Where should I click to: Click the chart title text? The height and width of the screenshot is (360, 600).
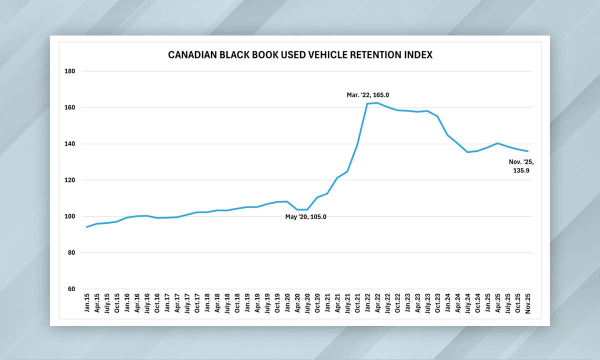tap(300, 55)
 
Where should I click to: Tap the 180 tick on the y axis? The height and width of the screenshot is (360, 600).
tap(70, 71)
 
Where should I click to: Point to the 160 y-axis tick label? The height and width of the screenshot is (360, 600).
tap(70, 107)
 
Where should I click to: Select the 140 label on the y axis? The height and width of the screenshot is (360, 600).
tap(70, 144)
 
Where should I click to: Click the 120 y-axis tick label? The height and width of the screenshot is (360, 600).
tap(70, 180)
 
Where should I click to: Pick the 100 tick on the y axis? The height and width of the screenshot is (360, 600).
tap(70, 216)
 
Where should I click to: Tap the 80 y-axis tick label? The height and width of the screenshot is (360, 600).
tap(71, 253)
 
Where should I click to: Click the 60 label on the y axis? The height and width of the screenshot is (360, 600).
tap(71, 289)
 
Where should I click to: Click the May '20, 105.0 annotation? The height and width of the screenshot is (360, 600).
tap(309, 216)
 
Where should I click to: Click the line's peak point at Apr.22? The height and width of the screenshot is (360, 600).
tap(377, 103)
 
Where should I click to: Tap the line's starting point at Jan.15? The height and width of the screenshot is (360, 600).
tap(87, 227)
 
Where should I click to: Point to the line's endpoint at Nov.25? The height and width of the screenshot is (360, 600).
tap(527, 151)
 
